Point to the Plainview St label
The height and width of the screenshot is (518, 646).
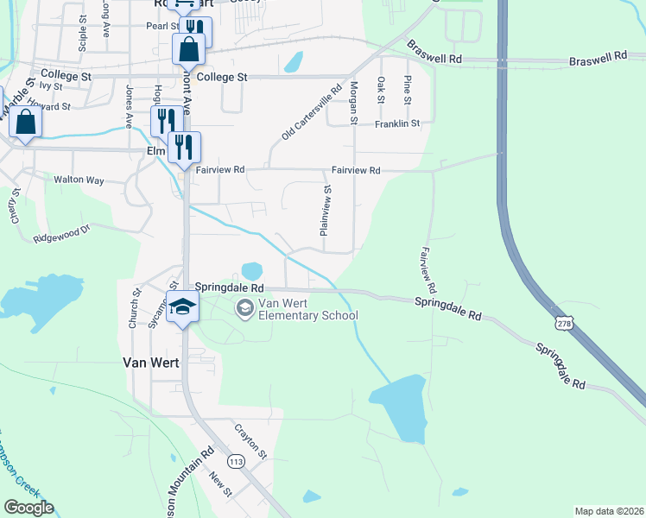pos(326,211)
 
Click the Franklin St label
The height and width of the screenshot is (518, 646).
pos(396,124)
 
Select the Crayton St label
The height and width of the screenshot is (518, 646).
pos(250,441)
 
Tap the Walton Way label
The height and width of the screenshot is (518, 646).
pos(79,180)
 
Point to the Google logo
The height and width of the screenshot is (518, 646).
pos(28,507)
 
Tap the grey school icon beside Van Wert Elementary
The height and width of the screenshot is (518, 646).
pos(245,308)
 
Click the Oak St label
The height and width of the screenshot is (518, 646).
pos(380,89)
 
